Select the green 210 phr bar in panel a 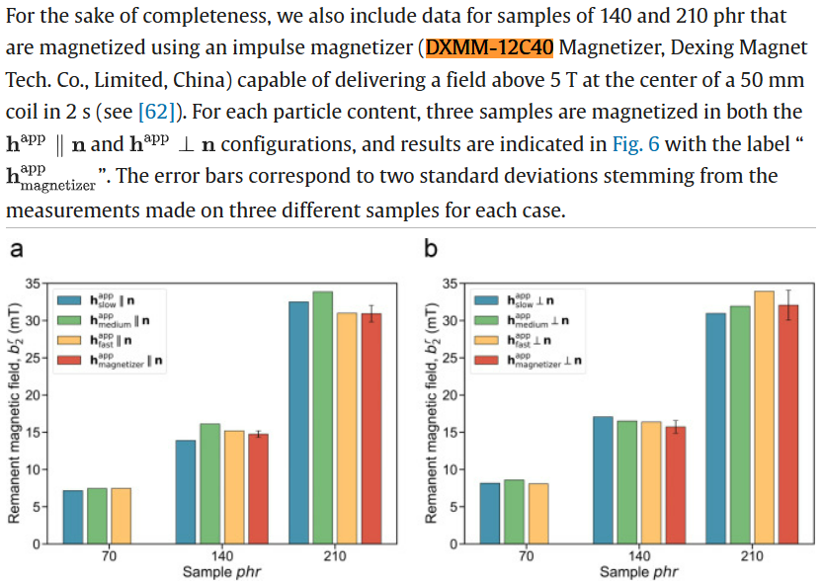[x=322, y=417]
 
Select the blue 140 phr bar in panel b [x=603, y=479]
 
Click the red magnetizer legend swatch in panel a [x=69, y=362]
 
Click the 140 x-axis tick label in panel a [x=221, y=556]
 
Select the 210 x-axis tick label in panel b [x=752, y=556]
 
